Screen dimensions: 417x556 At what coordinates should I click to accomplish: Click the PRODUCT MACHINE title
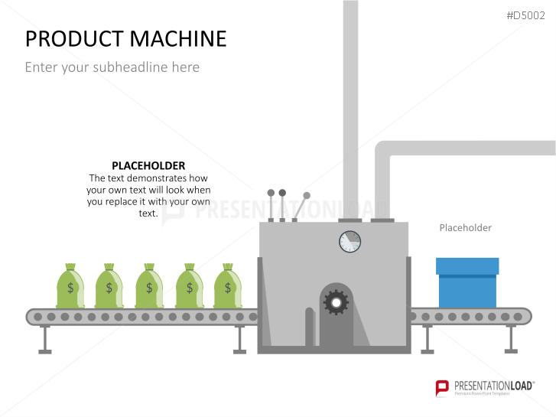(x=126, y=38)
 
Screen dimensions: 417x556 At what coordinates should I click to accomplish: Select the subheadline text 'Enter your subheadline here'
(x=112, y=67)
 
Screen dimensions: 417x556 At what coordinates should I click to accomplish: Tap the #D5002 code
(x=527, y=15)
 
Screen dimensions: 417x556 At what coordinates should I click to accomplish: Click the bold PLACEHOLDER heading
(x=148, y=165)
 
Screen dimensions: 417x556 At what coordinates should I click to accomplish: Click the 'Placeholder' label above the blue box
(x=465, y=227)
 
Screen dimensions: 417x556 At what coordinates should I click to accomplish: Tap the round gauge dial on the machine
(x=350, y=242)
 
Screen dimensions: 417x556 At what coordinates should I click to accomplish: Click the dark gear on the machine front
(x=336, y=303)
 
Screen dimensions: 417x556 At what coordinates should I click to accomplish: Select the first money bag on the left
(x=70, y=286)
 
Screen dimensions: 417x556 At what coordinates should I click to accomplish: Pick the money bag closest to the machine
(x=227, y=286)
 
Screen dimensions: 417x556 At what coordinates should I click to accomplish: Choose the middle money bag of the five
(x=149, y=286)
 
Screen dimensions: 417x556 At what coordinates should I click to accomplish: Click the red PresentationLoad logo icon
(x=442, y=388)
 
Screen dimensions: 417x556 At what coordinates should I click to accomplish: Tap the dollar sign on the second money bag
(x=109, y=288)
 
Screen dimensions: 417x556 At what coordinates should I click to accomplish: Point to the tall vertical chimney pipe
(x=350, y=107)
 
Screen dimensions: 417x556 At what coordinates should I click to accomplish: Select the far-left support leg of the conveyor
(x=45, y=338)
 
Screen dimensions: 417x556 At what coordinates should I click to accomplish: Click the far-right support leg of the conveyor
(x=511, y=338)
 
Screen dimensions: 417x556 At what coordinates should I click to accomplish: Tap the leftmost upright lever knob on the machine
(x=270, y=194)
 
